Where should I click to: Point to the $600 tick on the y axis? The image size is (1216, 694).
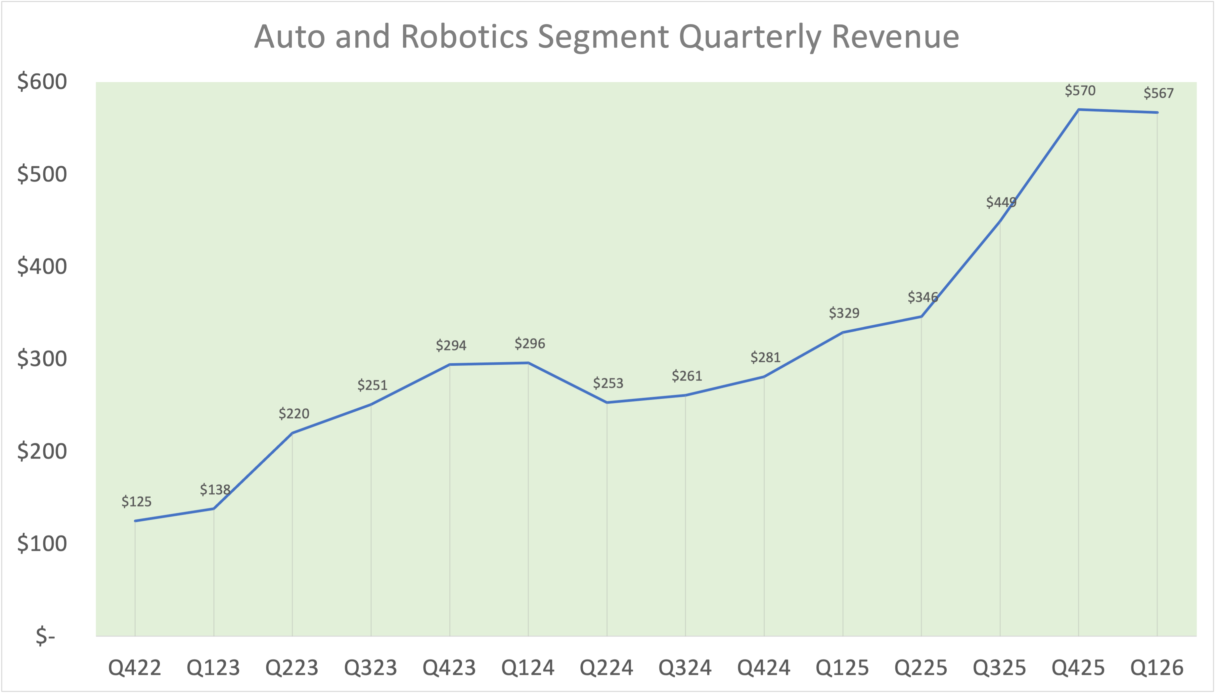(42, 82)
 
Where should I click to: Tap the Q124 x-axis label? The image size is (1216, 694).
(528, 667)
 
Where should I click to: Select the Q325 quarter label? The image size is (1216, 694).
(1000, 667)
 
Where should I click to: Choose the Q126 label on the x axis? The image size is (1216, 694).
(1157, 667)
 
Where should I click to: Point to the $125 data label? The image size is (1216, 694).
(136, 502)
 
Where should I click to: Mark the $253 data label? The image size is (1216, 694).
(608, 383)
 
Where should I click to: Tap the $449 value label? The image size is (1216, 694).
(1001, 202)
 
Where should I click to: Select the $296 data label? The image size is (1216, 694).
(529, 343)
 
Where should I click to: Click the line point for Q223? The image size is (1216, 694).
(292, 433)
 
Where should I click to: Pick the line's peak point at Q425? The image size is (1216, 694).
(1079, 110)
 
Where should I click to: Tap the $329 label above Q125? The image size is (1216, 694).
(844, 313)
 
